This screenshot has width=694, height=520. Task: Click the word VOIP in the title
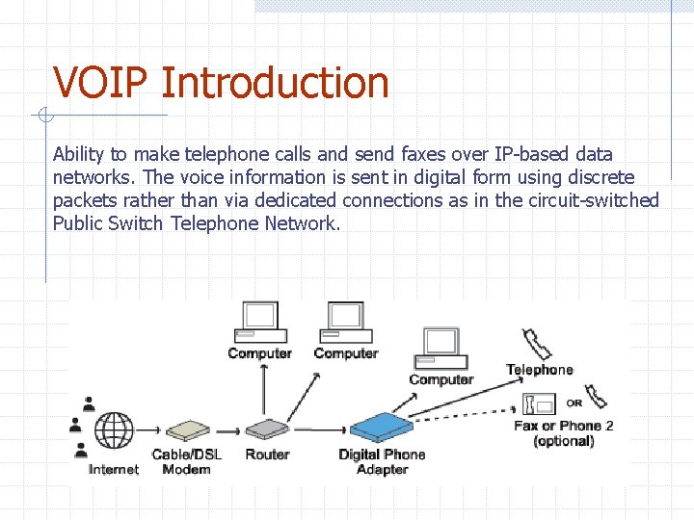pyautogui.click(x=102, y=83)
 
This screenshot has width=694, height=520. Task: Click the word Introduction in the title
pyautogui.click(x=276, y=83)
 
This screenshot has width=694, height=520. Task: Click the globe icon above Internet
pyautogui.click(x=115, y=429)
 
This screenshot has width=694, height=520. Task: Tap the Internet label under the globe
pyautogui.click(x=114, y=469)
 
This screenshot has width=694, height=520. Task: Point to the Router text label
pyautogui.click(x=267, y=455)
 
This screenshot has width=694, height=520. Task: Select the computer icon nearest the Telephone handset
pyautogui.click(x=440, y=348)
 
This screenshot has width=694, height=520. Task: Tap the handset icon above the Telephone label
pyautogui.click(x=536, y=344)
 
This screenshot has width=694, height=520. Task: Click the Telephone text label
pyautogui.click(x=540, y=370)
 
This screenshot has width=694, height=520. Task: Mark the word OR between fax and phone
pyautogui.click(x=574, y=403)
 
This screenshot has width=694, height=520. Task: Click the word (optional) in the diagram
pyautogui.click(x=564, y=441)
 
